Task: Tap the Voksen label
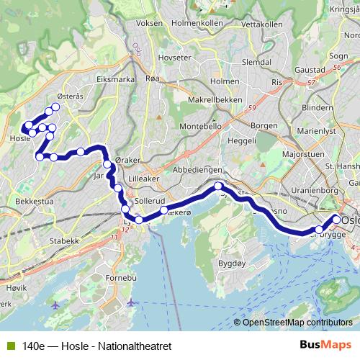click(148, 23)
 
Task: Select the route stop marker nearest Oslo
click(336, 220)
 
